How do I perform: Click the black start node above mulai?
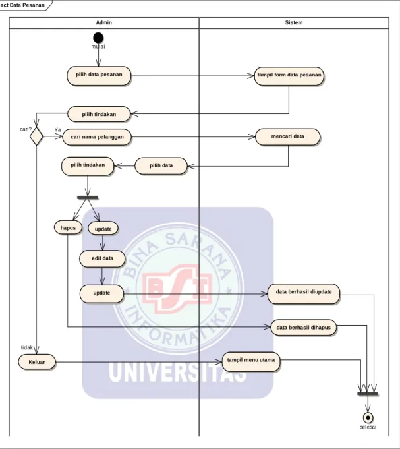pyautogui.click(x=98, y=38)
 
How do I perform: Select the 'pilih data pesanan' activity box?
pyautogui.click(x=99, y=76)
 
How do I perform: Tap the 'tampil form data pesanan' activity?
pyautogui.click(x=289, y=76)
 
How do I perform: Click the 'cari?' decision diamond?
pyautogui.click(x=36, y=136)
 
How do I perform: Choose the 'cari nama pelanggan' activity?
pyautogui.click(x=97, y=137)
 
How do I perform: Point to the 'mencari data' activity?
pyautogui.click(x=287, y=137)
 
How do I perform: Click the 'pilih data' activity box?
pyautogui.click(x=161, y=165)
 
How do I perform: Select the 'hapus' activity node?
pyautogui.click(x=68, y=227)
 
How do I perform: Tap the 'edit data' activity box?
pyautogui.click(x=102, y=259)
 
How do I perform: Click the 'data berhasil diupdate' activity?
pyautogui.click(x=304, y=294)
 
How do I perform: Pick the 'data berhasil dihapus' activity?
pyautogui.click(x=303, y=328)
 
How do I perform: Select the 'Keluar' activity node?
pyautogui.click(x=37, y=362)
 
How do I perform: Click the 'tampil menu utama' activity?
pyautogui.click(x=251, y=361)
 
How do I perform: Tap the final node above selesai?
pyautogui.click(x=368, y=418)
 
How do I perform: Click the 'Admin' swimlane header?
pyautogui.click(x=104, y=22)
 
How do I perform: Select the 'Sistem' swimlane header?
pyautogui.click(x=294, y=22)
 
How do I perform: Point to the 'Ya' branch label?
pyautogui.click(x=57, y=130)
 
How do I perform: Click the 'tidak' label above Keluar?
pyautogui.click(x=27, y=347)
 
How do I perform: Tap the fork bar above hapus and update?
pyautogui.click(x=88, y=198)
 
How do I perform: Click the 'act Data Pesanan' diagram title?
pyautogui.click(x=22, y=5)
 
